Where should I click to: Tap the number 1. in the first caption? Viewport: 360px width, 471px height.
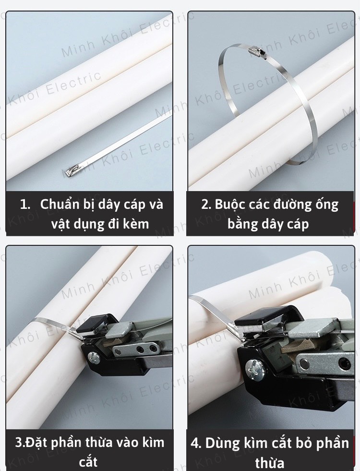(x=25, y=204)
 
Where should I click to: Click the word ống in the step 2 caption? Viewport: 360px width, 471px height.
(x=327, y=205)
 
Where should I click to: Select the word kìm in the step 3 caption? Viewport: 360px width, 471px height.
(x=154, y=443)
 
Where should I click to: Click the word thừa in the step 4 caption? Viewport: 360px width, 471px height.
(x=269, y=462)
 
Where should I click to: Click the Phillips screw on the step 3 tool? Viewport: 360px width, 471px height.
(x=94, y=357)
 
